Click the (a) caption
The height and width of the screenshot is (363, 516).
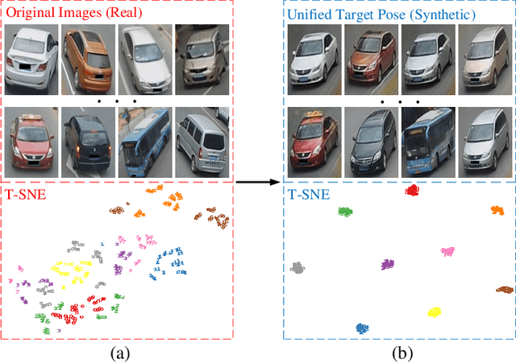(x=118, y=351)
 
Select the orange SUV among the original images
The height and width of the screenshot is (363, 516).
(x=89, y=60)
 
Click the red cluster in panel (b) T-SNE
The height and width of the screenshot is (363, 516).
(x=412, y=191)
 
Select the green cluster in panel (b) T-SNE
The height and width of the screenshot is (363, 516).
(x=345, y=212)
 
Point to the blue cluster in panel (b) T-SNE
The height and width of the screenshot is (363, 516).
(x=362, y=328)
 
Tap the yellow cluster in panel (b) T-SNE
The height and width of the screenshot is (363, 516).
(x=434, y=311)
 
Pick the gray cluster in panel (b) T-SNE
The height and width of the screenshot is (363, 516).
(x=299, y=268)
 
